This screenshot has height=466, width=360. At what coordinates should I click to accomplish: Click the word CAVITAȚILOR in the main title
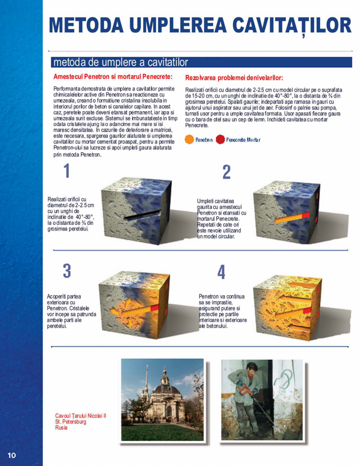point(292,25)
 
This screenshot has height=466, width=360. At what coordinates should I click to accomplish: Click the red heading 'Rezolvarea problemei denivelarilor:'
point(234,78)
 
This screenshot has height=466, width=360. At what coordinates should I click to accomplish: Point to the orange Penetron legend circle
point(189,139)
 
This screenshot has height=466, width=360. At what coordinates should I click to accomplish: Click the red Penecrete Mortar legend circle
point(220,139)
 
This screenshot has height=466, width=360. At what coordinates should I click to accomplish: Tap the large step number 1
point(67,171)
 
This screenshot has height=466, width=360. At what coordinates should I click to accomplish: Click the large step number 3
point(67,271)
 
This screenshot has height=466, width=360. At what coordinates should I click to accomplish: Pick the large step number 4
point(221,272)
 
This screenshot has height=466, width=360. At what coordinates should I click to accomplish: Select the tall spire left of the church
point(146,382)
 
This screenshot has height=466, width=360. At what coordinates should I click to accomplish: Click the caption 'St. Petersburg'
point(71,422)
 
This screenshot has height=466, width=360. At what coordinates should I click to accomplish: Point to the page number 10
point(11,455)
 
